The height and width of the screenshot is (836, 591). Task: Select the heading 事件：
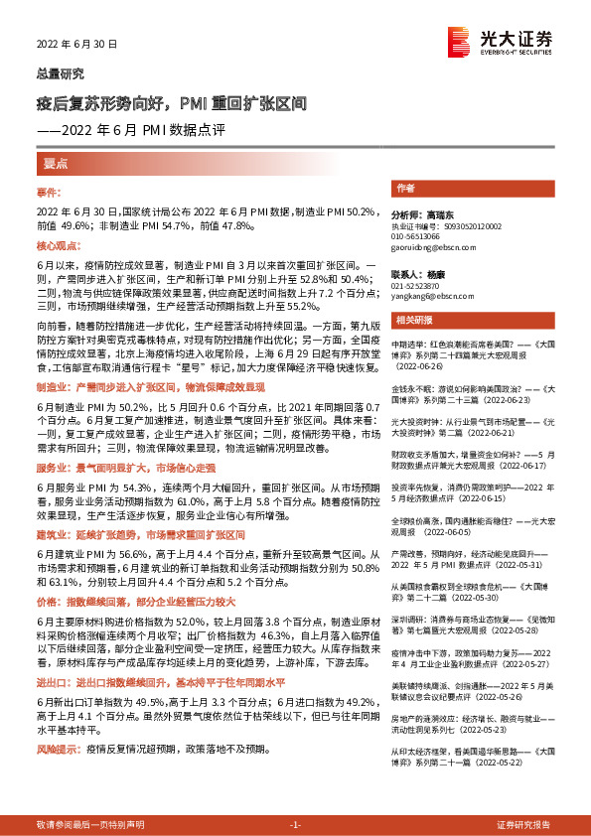50,192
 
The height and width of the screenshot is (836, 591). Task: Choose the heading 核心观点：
57,244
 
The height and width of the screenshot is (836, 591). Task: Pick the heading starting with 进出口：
163,684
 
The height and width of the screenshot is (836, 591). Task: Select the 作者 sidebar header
405,188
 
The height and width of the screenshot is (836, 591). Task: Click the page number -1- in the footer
295,825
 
